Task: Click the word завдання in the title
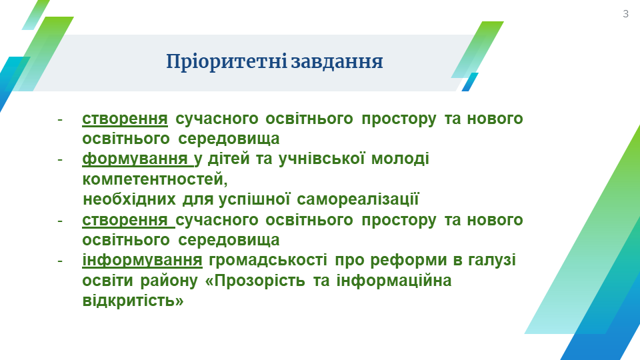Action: pyautogui.click(x=337, y=62)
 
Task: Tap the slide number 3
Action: pyautogui.click(x=626, y=14)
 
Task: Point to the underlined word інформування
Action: pyautogui.click(x=142, y=260)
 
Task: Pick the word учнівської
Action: pyautogui.click(x=321, y=159)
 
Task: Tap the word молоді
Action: pyautogui.click(x=400, y=159)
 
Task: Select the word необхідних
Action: pyautogui.click(x=129, y=199)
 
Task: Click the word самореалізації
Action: pyautogui.click(x=358, y=199)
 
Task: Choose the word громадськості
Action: pyautogui.click(x=268, y=260)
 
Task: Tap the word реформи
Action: pyautogui.click(x=391, y=260)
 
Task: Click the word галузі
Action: pyautogui.click(x=492, y=260)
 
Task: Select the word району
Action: pyautogui.click(x=169, y=281)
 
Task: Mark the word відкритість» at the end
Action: pyautogui.click(x=133, y=301)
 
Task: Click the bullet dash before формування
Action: pyautogui.click(x=60, y=159)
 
